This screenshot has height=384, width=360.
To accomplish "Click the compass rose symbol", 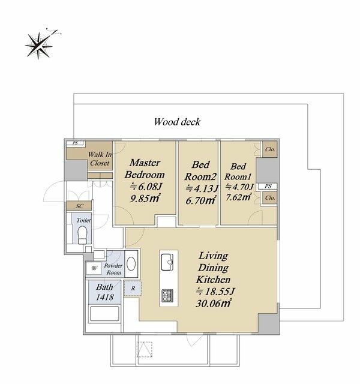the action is point(39,46).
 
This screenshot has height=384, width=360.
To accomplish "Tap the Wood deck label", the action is point(177,122).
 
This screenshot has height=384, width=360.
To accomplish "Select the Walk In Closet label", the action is point(100,158).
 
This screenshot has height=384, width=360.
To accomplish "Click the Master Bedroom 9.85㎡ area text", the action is point(145,198).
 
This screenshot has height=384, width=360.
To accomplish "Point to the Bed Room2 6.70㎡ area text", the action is point(201,200).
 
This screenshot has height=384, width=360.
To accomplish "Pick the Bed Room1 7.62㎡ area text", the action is point(238,197).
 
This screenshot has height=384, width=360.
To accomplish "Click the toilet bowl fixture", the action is point(82,235).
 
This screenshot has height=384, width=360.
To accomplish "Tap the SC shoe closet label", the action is point(79,206).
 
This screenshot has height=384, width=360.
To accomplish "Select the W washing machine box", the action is point(94,268).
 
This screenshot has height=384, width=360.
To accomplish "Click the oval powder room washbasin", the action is point(131,264).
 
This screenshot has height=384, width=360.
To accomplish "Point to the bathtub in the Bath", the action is point(104,314).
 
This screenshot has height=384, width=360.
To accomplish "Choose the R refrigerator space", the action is point(133,289).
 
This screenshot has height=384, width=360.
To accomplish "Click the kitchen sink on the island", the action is point(167,262).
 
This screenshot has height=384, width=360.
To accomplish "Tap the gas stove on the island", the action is point(167,296).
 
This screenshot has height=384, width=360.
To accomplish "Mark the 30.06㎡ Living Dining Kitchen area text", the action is point(214,304).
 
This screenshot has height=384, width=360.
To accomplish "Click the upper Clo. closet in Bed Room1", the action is point(270,149).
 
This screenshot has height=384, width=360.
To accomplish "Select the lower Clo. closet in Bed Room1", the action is point(270,197).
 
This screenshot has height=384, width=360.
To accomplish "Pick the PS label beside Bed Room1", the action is point(268,186).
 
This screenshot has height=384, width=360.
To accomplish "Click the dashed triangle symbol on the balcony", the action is point(145,349).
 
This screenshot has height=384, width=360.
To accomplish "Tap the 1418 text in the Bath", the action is point(104,297).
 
